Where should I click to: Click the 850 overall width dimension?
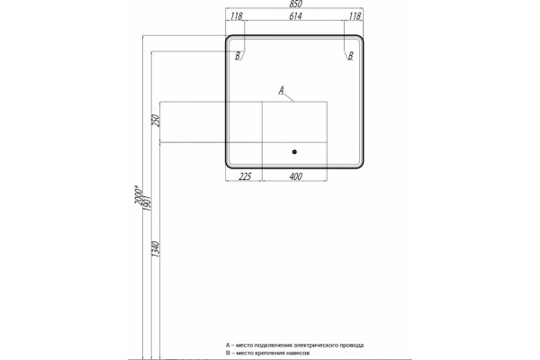coord(296,4)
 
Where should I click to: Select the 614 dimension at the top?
coord(295,16)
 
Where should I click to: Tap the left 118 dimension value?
coord(237,16)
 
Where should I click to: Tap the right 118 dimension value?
coord(355,16)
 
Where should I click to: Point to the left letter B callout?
coord(238,56)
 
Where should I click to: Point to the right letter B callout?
coord(351,56)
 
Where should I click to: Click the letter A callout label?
coord(282,90)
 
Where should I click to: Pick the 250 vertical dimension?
coord(156,121)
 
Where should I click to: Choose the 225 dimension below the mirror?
coord(245,176)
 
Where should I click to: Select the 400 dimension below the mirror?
coord(296,176)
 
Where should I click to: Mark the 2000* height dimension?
coord(139,194)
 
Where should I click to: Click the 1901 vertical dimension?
coord(147,202)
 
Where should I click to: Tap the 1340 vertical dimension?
coord(156,249)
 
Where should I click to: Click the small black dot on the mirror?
coord(294,152)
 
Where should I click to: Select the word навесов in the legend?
coord(300,353)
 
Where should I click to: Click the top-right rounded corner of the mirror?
coord(361,38)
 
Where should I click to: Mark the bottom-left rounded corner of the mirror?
coord(229,166)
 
